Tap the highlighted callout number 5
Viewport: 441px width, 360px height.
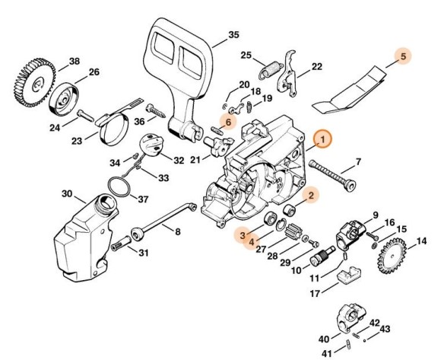coord(403,56)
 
